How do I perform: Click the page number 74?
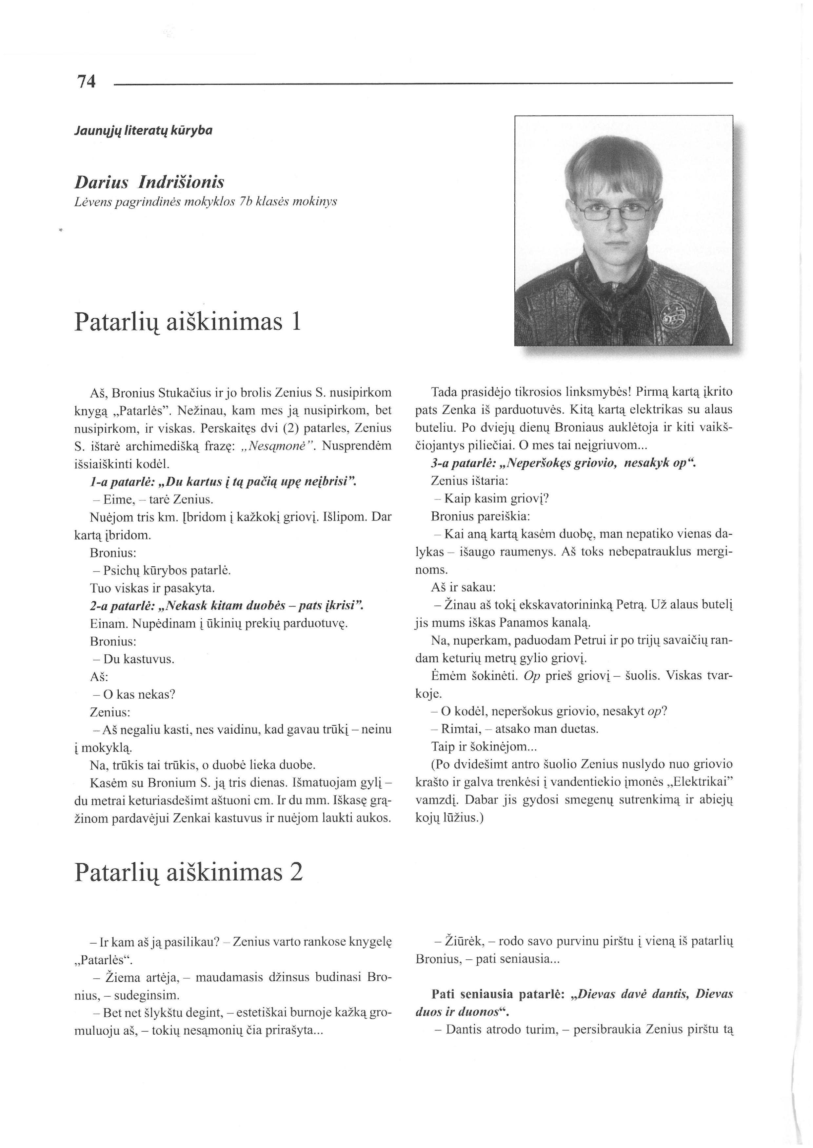click(x=86, y=81)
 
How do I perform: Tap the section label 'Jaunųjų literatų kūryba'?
click(x=143, y=131)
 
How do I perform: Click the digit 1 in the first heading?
click(x=296, y=322)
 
